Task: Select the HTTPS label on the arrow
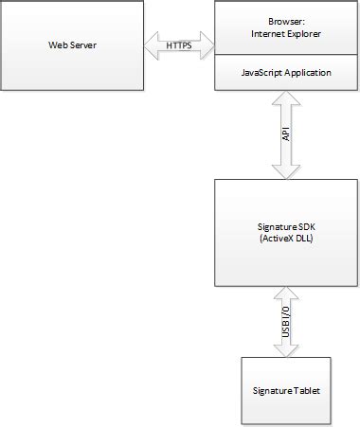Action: pos(179,44)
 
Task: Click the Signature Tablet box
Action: pos(286,389)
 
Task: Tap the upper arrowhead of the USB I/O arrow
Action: pos(286,294)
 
